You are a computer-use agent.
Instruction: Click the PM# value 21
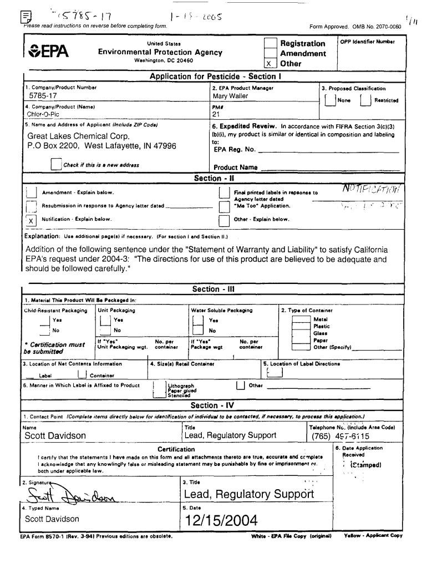[x=217, y=115]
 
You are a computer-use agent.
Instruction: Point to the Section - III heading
[x=213, y=289]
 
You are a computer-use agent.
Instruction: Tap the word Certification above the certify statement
[x=176, y=449]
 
